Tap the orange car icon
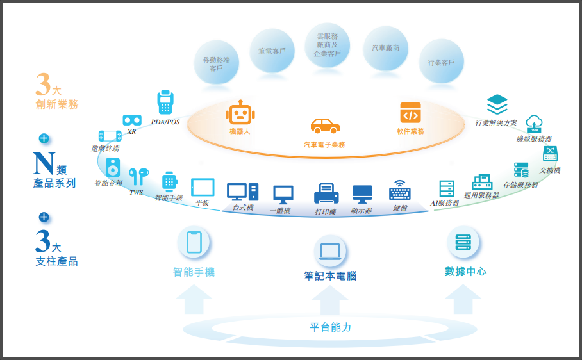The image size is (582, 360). (325, 126)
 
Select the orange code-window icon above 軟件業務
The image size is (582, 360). (410, 113)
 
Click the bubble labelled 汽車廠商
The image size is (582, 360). (385, 48)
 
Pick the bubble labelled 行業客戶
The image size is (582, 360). (441, 62)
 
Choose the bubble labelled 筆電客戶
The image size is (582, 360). (272, 51)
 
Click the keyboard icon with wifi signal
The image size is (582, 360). (400, 190)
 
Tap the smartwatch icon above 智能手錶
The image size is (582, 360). (169, 182)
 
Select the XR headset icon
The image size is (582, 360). (132, 120)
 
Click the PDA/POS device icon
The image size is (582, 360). (165, 102)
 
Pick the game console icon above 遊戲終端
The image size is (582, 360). (110, 136)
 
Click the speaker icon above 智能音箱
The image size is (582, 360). (113, 168)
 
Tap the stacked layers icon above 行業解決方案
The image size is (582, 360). (497, 104)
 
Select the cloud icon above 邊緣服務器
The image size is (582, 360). (534, 124)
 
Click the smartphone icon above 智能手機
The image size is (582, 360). (194, 242)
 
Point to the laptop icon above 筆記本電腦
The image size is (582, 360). (330, 250)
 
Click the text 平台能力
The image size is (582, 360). (331, 327)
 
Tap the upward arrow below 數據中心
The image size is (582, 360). (463, 299)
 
